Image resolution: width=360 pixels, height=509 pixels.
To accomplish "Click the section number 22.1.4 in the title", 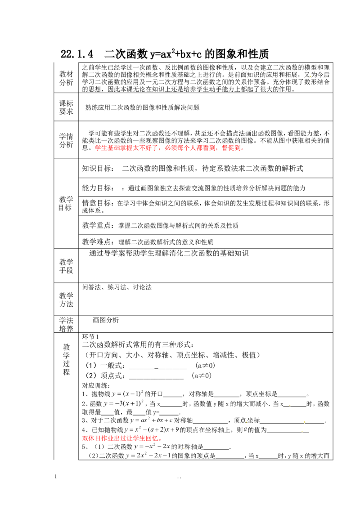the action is point(76,54).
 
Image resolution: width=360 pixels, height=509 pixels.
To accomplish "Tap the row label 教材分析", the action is point(66,78).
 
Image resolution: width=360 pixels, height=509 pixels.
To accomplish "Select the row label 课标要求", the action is point(66,107).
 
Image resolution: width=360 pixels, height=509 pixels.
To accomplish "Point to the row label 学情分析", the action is point(66,141).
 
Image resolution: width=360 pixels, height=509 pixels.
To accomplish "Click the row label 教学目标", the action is point(66,204).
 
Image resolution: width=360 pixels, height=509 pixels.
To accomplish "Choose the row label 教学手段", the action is point(66,266).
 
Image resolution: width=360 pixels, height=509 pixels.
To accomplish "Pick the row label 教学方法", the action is point(66,299).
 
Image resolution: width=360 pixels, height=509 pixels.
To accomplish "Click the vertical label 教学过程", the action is point(67,359).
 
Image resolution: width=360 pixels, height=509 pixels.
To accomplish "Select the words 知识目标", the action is point(97,169).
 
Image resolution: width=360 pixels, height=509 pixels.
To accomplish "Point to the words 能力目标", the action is point(97,188).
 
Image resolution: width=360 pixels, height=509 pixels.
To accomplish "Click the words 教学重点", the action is point(97,225).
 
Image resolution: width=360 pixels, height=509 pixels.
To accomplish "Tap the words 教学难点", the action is point(97,242).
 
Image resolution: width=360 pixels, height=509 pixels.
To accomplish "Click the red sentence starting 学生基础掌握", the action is point(169,148).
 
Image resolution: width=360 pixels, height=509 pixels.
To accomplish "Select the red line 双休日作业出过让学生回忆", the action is point(122,438).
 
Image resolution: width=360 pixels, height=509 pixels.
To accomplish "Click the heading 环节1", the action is point(90,337).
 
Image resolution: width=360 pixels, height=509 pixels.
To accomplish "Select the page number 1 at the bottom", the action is point(55,477).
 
